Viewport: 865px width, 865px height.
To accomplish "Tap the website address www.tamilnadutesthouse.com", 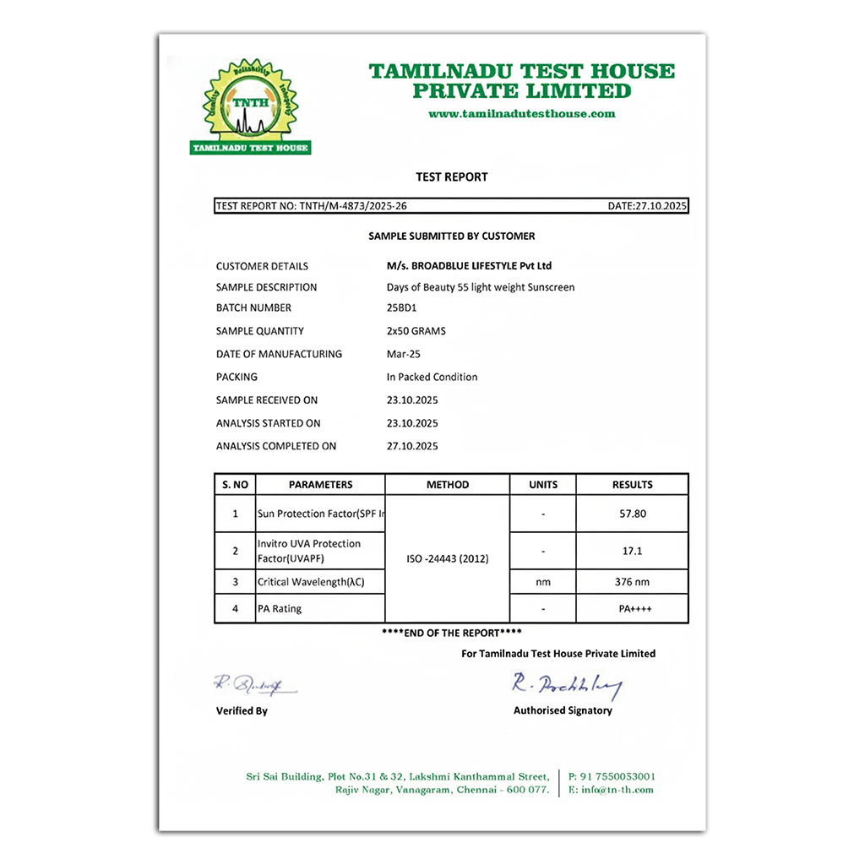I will [521, 114].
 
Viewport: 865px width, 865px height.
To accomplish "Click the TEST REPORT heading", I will [452, 177].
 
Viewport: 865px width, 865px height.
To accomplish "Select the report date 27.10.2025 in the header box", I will [648, 206].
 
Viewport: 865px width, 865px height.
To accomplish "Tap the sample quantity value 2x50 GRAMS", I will [416, 331].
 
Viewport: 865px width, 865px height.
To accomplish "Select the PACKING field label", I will [237, 377].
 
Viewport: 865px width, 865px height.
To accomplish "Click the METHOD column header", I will [447, 485].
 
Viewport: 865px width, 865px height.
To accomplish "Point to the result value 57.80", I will [632, 514].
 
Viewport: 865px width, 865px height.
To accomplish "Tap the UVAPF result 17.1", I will [632, 551].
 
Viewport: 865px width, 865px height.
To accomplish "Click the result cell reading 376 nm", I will [632, 582].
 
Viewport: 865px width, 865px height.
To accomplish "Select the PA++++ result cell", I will [632, 608].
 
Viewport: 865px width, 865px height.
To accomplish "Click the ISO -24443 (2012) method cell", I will [447, 559].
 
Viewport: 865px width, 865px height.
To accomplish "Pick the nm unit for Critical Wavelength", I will [542, 582].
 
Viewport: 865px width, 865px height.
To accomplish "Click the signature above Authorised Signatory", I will [566, 686].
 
